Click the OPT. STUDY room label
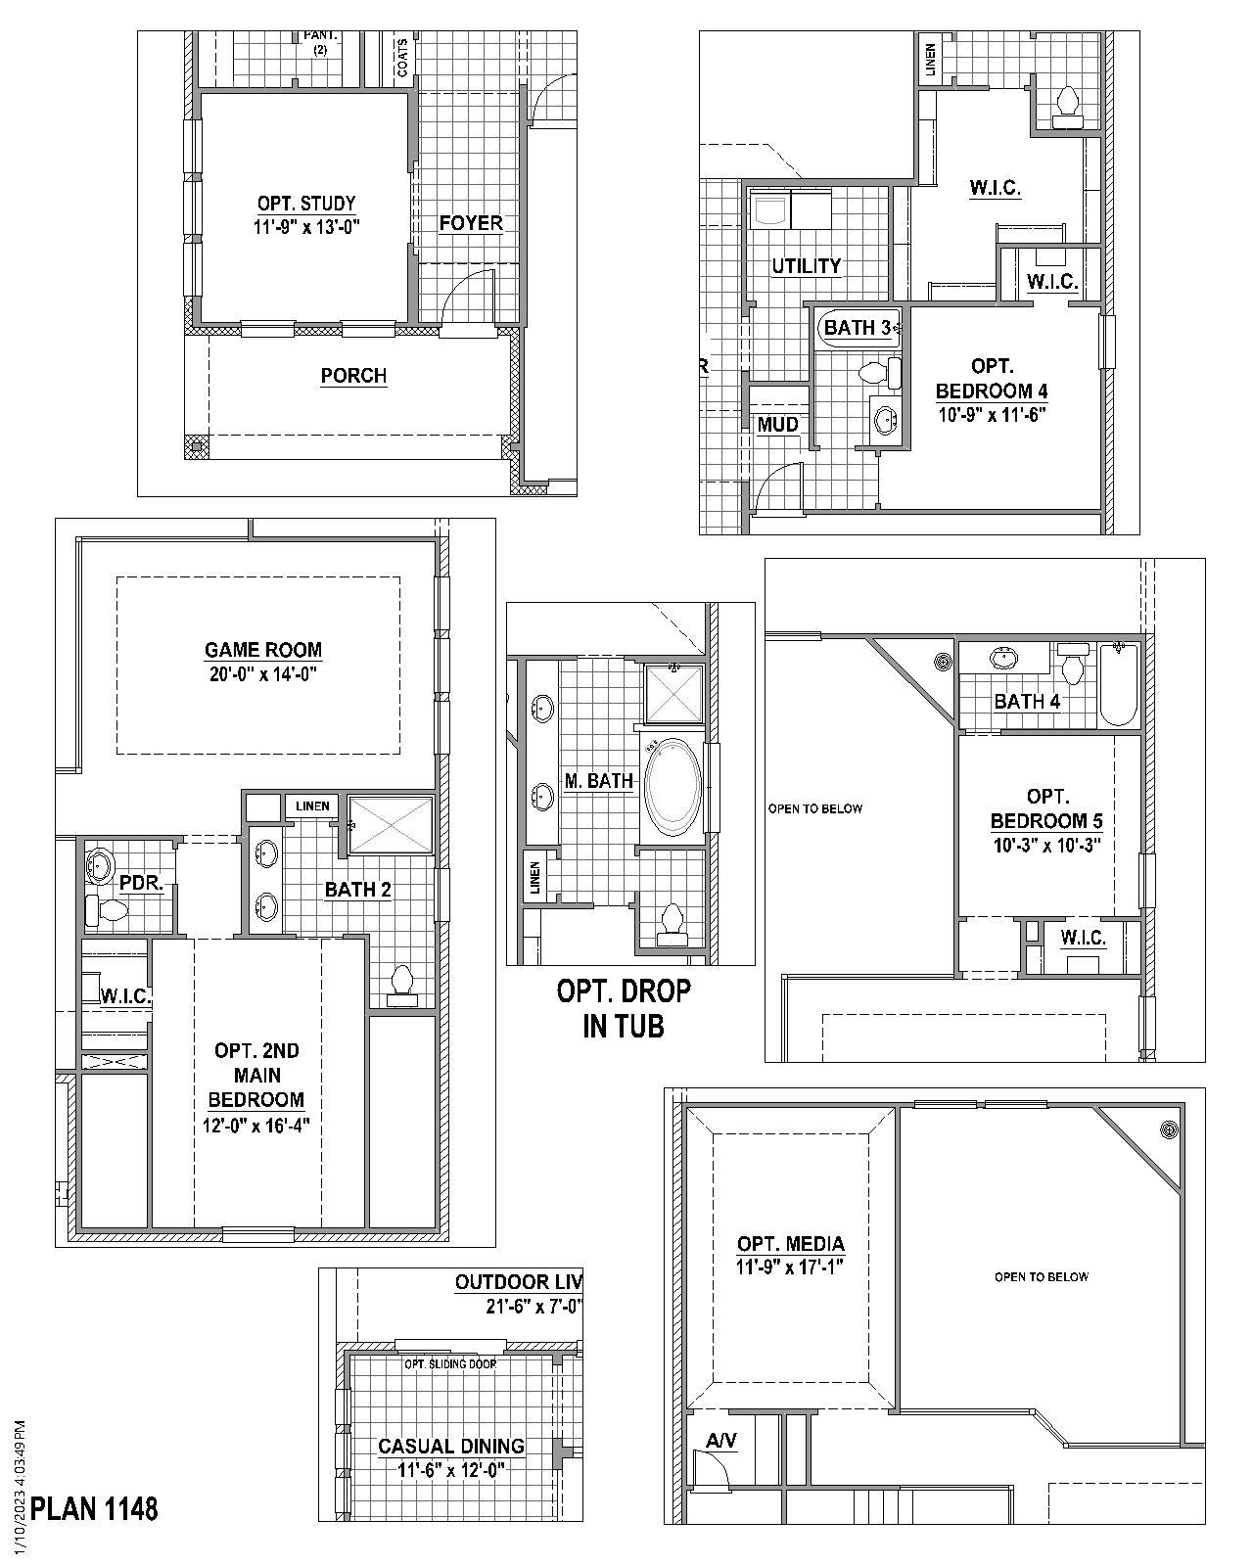pyautogui.click(x=306, y=204)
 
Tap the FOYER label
pyautogui.click(x=470, y=223)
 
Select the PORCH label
pyautogui.click(x=353, y=376)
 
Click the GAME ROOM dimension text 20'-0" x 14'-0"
pyautogui.click(x=262, y=674)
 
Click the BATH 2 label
pyautogui.click(x=357, y=890)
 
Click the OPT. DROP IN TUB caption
pyautogui.click(x=624, y=1008)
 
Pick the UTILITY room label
pyautogui.click(x=806, y=266)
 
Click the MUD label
pyautogui.click(x=777, y=425)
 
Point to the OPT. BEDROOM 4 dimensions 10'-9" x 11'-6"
pyautogui.click(x=991, y=414)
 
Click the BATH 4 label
pyautogui.click(x=1026, y=701)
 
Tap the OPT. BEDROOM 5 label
pyautogui.click(x=1046, y=808)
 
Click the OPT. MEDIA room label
pyautogui.click(x=790, y=1244)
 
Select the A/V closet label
pyautogui.click(x=720, y=1441)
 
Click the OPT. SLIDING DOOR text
pyautogui.click(x=450, y=1364)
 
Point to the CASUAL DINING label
pyautogui.click(x=450, y=1446)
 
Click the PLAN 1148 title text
pyautogui.click(x=94, y=1508)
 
